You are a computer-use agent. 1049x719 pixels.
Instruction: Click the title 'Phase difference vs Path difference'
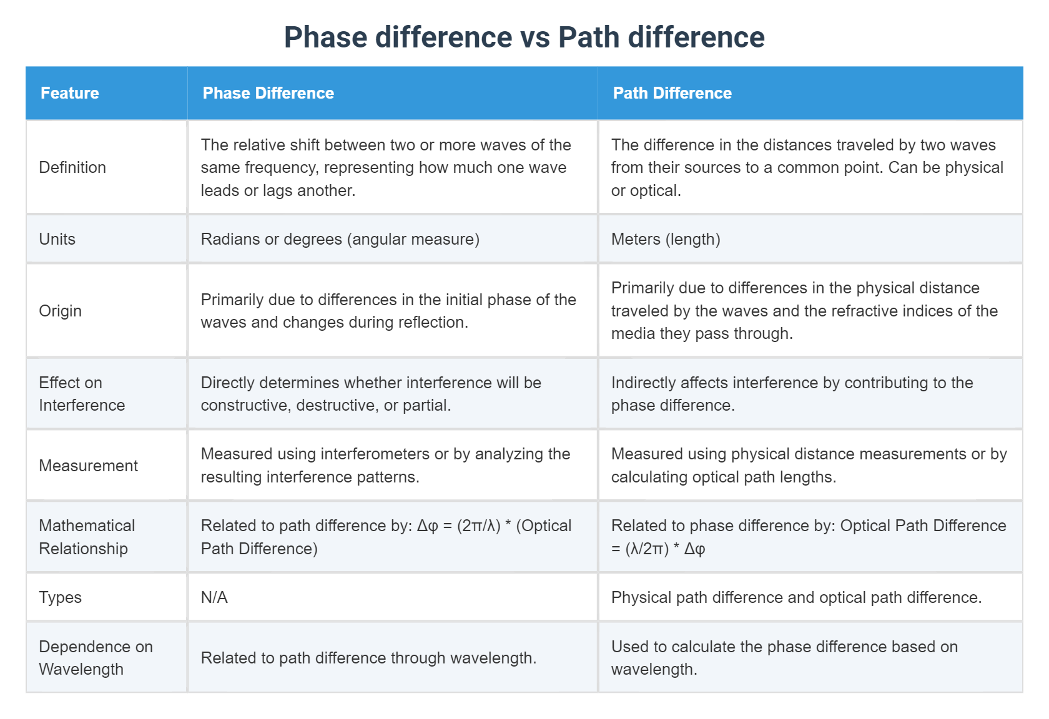[524, 37]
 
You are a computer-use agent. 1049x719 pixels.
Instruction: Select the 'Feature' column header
[70, 93]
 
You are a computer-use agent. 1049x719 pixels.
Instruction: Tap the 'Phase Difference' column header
[268, 93]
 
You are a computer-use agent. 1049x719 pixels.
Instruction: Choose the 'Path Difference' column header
[672, 93]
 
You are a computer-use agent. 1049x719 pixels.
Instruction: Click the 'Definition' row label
[72, 167]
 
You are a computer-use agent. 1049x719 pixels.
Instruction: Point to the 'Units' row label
[57, 239]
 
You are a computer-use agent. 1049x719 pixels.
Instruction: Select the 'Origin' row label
[60, 311]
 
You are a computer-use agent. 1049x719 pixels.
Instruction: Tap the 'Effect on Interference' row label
[82, 394]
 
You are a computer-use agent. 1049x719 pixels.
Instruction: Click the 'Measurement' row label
[88, 466]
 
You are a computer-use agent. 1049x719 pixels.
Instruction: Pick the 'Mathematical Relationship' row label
[87, 537]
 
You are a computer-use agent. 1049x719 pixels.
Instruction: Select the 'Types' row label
[60, 597]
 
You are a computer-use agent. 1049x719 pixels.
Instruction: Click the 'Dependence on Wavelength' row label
[96, 658]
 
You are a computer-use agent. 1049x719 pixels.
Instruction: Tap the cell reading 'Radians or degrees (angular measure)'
[340, 239]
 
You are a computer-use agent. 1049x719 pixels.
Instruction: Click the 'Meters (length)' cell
[666, 239]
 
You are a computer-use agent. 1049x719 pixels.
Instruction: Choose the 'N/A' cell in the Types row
[214, 597]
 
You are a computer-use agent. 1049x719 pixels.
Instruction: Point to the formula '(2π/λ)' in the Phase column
[479, 526]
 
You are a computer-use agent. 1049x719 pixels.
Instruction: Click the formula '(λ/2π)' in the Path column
[647, 549]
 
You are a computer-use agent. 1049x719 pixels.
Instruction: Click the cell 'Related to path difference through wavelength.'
[368, 658]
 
